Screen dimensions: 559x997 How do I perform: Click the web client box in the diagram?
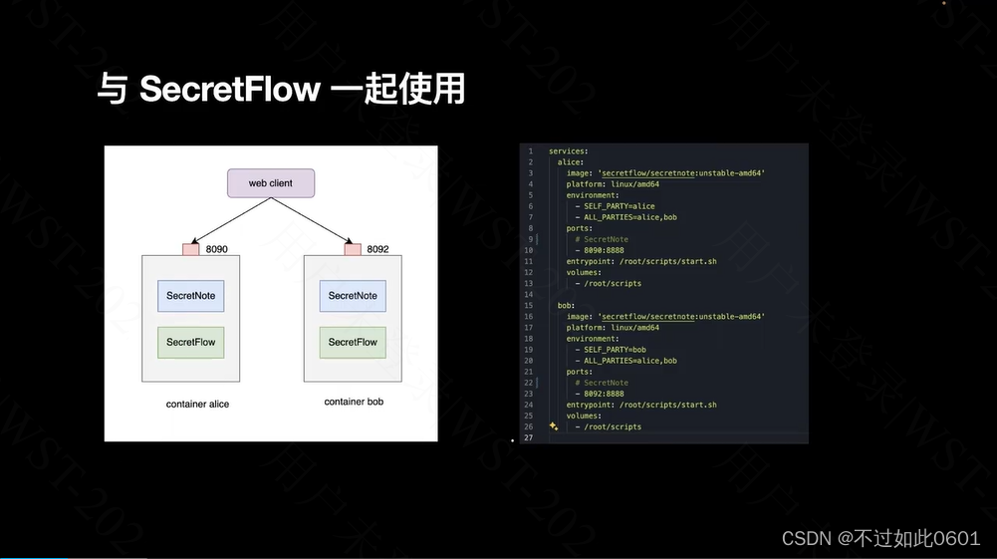click(270, 183)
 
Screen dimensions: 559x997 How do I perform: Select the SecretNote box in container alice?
click(190, 296)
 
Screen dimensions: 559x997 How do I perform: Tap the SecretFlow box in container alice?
click(190, 342)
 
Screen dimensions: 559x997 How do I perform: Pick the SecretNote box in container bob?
click(353, 296)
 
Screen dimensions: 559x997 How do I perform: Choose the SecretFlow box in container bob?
click(353, 342)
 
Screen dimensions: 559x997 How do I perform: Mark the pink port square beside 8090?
click(191, 249)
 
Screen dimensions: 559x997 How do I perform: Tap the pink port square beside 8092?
click(353, 249)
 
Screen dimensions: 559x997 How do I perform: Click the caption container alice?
click(198, 405)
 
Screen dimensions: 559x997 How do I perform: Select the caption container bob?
click(354, 402)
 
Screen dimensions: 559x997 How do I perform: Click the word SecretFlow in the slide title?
click(230, 90)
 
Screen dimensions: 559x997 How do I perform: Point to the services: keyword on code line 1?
click(569, 151)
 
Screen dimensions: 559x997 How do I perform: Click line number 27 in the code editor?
click(529, 437)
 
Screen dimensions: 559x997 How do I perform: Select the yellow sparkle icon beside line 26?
click(553, 425)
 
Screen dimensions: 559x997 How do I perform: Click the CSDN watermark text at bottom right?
click(880, 538)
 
